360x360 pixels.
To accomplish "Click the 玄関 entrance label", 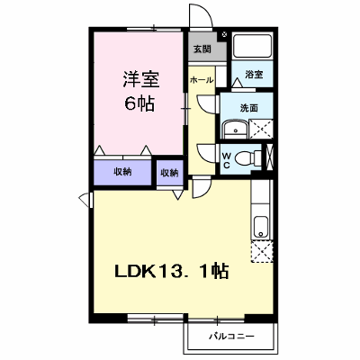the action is [202, 49].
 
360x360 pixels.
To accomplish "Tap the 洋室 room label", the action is [140, 79].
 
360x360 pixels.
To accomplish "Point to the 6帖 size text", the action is [139, 103].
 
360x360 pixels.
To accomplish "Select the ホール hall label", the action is [202, 80].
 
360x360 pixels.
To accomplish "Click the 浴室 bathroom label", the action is [254, 75].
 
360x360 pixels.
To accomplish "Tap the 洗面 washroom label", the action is [248, 108].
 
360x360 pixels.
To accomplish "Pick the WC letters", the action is [227, 160].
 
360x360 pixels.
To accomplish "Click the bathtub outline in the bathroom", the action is [252, 46].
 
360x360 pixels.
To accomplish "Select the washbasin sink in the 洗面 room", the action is [235, 130].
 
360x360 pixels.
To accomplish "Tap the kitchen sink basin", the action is [261, 226].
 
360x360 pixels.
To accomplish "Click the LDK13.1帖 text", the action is [172, 272].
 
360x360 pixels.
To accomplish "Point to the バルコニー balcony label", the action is [231, 337].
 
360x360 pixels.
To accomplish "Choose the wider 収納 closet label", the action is [122, 172].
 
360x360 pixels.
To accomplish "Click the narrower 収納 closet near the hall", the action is [169, 173].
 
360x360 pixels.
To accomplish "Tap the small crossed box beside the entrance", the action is [224, 35].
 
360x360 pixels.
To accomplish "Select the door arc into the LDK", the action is [207, 192].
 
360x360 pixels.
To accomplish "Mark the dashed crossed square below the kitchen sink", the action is [262, 251].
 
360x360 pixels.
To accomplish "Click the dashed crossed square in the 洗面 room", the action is [261, 129].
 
